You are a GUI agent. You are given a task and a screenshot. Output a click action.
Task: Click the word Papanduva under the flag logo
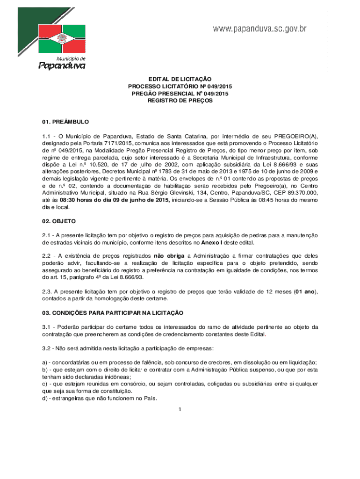click(62, 66)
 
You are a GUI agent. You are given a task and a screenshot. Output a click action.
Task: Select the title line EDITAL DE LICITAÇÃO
click(180, 80)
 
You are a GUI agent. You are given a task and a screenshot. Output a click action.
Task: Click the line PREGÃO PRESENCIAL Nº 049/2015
click(180, 94)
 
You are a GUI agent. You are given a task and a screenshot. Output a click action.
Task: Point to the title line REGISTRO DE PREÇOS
click(180, 101)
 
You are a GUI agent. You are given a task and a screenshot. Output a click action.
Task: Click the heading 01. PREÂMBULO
click(65, 122)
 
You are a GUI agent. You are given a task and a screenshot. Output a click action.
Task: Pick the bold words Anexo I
click(214, 242)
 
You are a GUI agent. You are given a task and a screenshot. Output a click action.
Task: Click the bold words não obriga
click(169, 256)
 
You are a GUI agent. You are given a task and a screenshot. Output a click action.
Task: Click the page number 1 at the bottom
click(180, 410)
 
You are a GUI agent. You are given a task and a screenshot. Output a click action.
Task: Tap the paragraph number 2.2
click(46, 256)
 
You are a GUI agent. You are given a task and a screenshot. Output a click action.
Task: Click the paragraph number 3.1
click(46, 327)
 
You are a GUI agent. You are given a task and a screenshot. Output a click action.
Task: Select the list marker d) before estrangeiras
click(44, 399)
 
